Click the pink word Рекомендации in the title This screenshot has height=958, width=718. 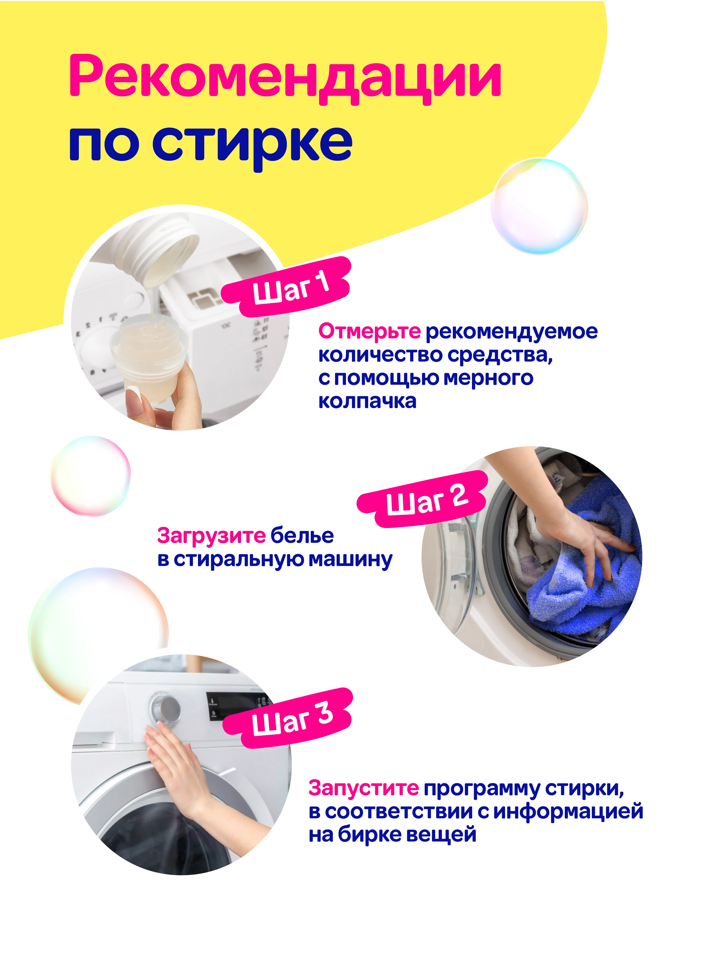point(285,79)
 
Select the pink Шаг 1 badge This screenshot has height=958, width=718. point(286,287)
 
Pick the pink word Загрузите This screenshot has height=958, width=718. point(211,536)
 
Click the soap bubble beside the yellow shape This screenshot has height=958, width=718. point(539,206)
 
